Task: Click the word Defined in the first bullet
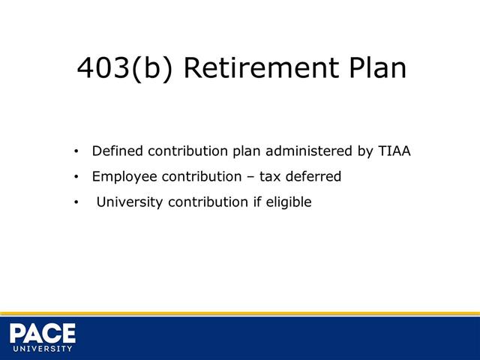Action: click(117, 151)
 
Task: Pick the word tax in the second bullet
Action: click(270, 177)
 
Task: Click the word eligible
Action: click(288, 202)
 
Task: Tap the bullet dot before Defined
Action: click(76, 151)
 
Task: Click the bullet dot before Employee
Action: click(76, 178)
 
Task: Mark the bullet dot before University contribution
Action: click(76, 202)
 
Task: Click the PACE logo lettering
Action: click(43, 331)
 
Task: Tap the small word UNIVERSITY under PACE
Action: click(43, 349)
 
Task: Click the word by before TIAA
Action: click(365, 151)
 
